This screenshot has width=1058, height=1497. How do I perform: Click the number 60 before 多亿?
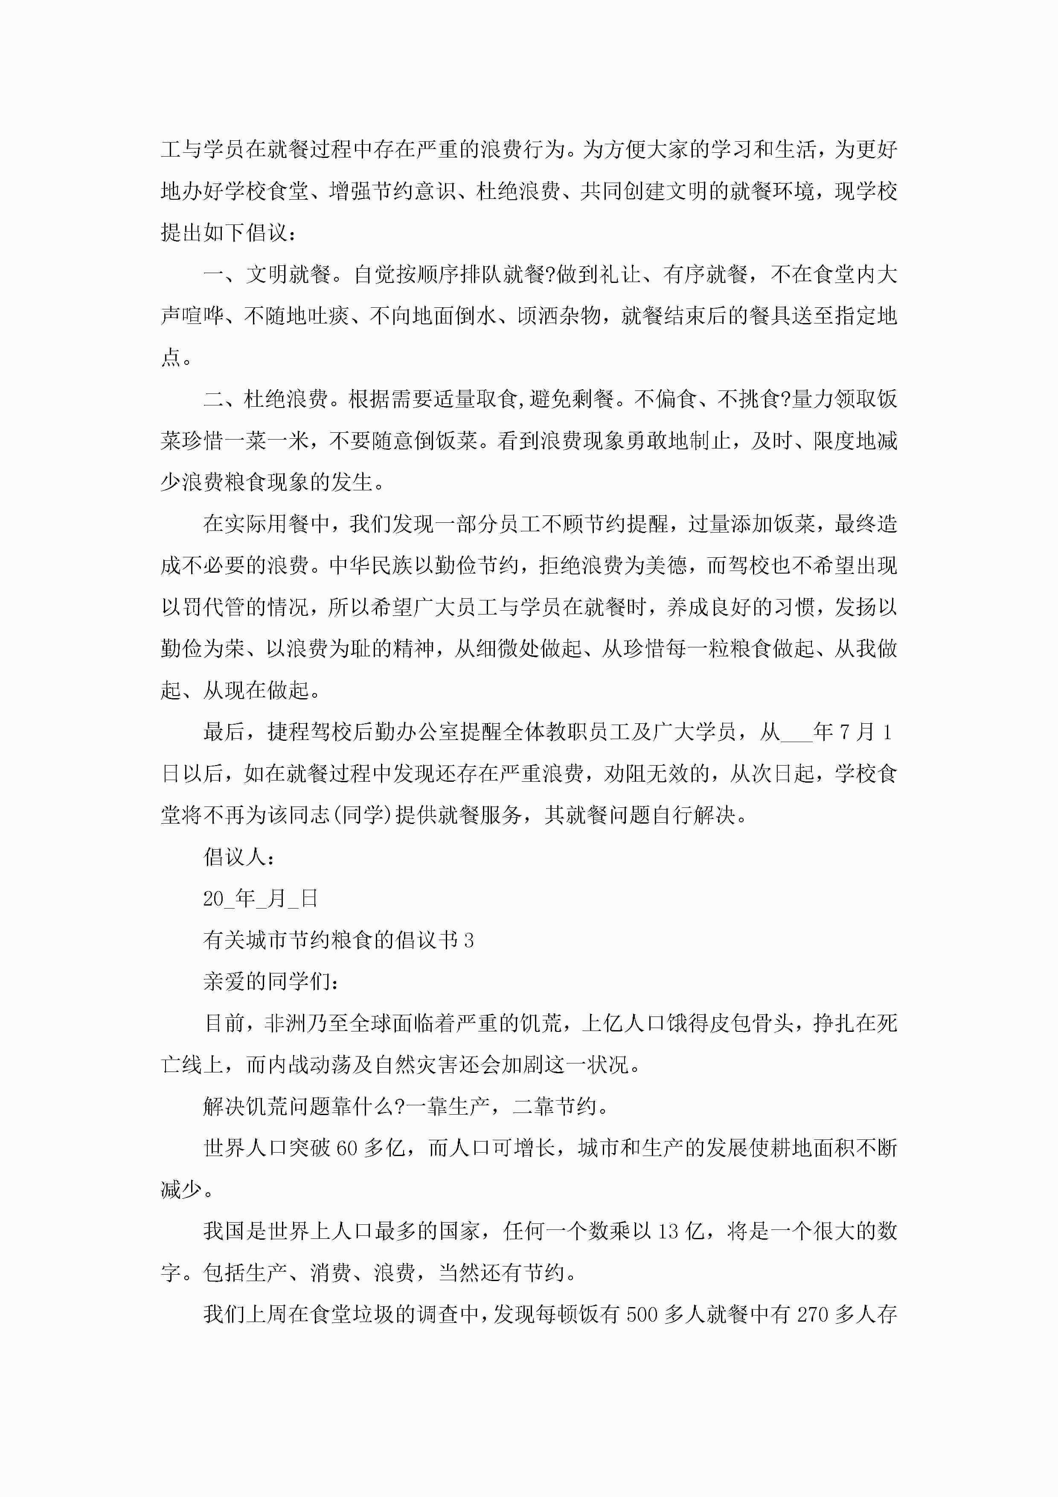[347, 1148]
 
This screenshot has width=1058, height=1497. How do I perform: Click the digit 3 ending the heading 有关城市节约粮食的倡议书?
[469, 940]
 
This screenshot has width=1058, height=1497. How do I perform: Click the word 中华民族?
[371, 565]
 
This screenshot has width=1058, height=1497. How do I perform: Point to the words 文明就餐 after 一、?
[288, 274]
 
